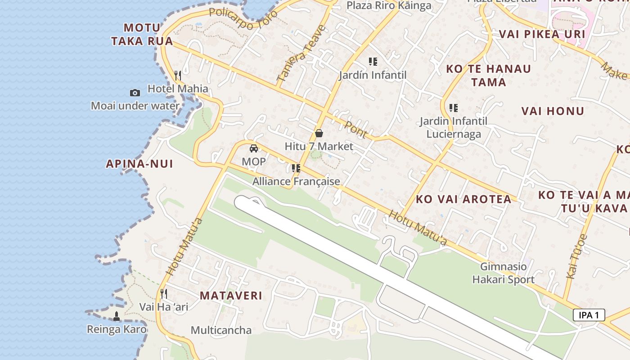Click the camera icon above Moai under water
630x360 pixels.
click(x=135, y=93)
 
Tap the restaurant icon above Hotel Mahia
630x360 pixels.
click(x=178, y=75)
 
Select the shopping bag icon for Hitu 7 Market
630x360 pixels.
click(x=319, y=133)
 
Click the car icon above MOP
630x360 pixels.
click(x=254, y=148)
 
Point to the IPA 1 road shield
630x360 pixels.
click(x=589, y=315)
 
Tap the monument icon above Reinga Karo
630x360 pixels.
click(x=117, y=316)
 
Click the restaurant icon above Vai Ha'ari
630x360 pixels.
click(x=164, y=294)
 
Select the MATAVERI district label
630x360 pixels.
click(x=231, y=296)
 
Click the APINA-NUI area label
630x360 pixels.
click(x=139, y=164)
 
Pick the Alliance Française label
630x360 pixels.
click(x=296, y=181)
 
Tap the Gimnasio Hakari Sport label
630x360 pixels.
click(x=503, y=273)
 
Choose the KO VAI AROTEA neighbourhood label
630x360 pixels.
click(x=463, y=199)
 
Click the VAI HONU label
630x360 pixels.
click(x=553, y=111)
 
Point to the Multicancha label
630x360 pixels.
click(x=221, y=330)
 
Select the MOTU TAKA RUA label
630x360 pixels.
click(x=142, y=34)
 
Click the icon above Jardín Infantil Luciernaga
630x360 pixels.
click(x=453, y=108)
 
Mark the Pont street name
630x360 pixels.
click(x=356, y=129)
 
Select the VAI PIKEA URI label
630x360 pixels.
click(x=542, y=34)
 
